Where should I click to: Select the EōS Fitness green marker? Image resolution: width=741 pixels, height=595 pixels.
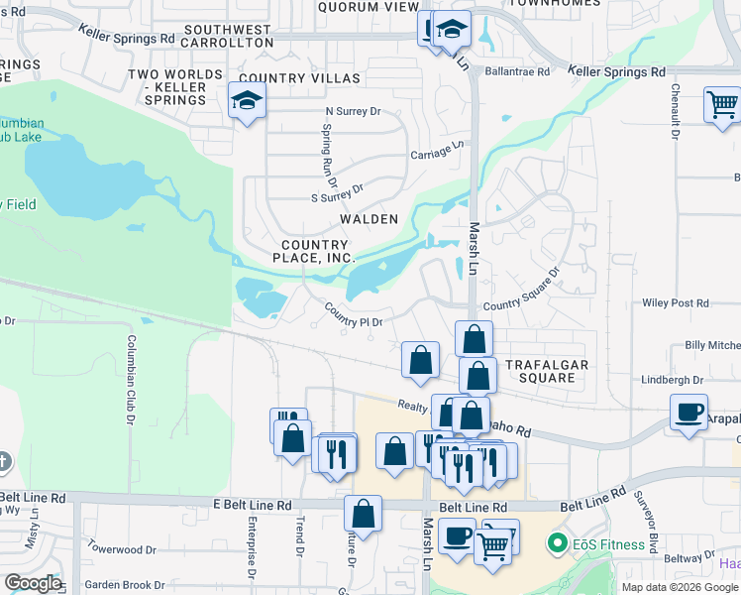coord(558,543)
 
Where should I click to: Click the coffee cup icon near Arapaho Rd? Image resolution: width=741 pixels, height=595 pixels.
coord(688,412)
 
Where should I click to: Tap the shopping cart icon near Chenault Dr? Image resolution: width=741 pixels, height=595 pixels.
coord(722,104)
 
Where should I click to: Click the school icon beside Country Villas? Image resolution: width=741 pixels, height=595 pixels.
coord(246,100)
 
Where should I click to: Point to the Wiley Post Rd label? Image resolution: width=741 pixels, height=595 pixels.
coord(678,303)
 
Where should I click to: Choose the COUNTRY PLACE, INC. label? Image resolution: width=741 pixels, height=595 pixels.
coord(314,251)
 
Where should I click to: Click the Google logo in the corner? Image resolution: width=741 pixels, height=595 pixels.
coord(33,583)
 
